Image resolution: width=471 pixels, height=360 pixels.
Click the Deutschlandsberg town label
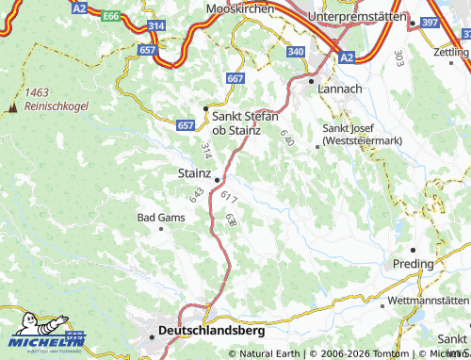tap(212, 331)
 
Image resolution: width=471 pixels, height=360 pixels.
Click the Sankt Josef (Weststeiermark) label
tap(363, 134)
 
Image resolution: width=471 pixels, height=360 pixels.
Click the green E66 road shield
tap(111, 16)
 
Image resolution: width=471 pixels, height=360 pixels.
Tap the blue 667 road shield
tap(235, 78)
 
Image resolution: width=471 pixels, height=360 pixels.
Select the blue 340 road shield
tap(295, 51)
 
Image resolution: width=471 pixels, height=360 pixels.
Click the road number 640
tap(286, 139)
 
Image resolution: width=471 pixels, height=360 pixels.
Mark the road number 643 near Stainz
tap(197, 195)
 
